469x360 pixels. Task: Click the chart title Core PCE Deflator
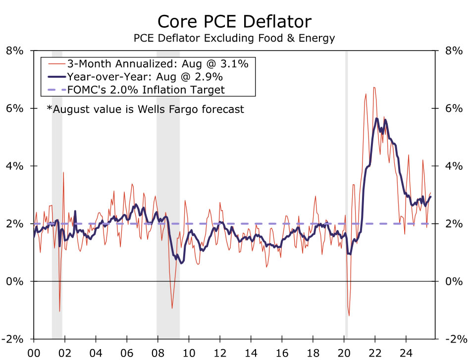pos(234,21)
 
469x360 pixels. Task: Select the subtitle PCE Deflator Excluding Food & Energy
pos(234,38)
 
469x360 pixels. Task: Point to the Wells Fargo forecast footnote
pos(145,109)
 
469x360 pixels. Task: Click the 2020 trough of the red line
pos(349,315)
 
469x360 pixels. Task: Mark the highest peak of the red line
pos(374,88)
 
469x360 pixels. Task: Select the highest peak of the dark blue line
pos(377,118)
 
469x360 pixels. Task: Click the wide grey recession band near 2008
pos(168,149)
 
